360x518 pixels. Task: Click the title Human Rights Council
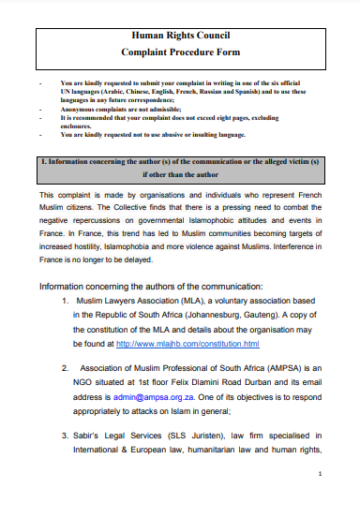tap(180, 35)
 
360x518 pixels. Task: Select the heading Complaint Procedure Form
tap(180, 53)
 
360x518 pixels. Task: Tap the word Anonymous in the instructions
tap(82, 109)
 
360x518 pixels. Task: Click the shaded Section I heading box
tap(180, 167)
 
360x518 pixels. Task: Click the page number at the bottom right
tap(321, 500)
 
